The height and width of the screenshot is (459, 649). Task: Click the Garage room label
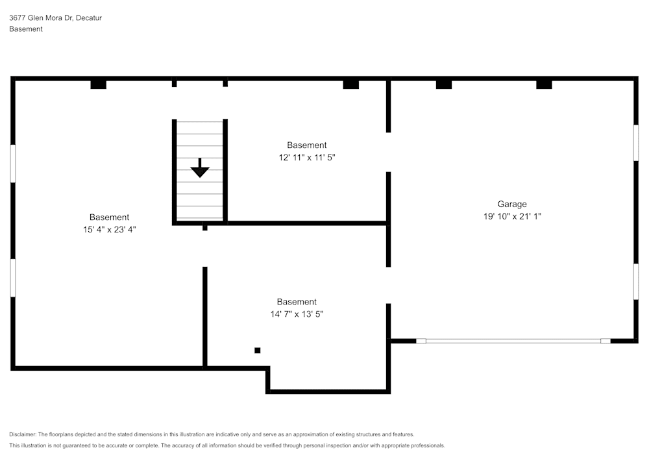click(x=512, y=204)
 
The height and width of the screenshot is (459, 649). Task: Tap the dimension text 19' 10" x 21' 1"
click(x=512, y=216)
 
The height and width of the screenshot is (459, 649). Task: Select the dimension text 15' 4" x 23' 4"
click(x=109, y=229)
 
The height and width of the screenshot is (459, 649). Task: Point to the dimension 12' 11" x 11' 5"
click(x=307, y=157)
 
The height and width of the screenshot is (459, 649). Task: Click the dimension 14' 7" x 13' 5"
click(x=297, y=314)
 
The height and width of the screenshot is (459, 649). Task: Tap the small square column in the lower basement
click(x=258, y=351)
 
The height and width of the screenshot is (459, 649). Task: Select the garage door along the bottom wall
click(x=513, y=340)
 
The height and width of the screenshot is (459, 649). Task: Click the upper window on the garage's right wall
click(x=636, y=143)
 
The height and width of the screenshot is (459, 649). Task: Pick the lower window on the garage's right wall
click(x=636, y=281)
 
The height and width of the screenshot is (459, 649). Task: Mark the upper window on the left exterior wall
click(x=13, y=164)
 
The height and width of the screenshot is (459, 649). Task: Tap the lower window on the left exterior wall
click(x=13, y=278)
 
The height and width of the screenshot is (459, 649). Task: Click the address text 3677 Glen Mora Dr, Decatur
click(x=55, y=18)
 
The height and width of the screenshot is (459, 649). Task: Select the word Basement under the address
click(x=26, y=29)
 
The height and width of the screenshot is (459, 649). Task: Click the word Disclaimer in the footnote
click(x=23, y=434)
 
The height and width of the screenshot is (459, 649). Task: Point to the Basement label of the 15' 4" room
click(x=109, y=217)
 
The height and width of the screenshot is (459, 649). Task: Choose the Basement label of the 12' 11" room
click(x=307, y=145)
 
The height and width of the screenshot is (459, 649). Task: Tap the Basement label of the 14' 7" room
click(x=297, y=301)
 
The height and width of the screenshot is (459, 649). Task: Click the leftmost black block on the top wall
click(x=98, y=84)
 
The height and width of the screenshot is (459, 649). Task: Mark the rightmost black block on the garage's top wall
click(x=544, y=84)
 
